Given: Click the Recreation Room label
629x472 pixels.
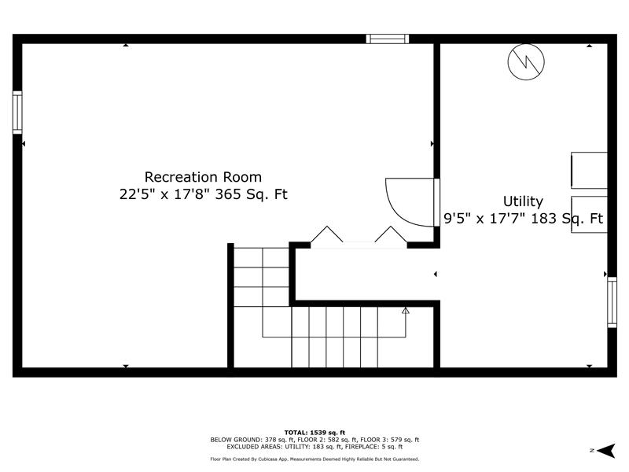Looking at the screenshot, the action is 203,177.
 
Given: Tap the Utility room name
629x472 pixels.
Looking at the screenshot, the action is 523,201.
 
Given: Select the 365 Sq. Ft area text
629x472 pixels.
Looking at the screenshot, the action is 252,194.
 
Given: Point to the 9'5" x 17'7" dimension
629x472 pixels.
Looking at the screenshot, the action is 485,219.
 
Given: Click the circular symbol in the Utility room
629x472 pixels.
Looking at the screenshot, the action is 526,62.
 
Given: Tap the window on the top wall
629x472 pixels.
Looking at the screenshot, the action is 388,39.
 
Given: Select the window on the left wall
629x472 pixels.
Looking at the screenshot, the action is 17,112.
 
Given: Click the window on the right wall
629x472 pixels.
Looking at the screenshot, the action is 612,302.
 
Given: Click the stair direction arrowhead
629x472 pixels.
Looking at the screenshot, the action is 406,310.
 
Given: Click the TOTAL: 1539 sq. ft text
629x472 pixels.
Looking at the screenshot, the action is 314,432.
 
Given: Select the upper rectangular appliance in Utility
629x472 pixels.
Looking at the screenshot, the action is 589,170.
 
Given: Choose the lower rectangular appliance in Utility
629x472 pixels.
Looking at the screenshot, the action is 589,214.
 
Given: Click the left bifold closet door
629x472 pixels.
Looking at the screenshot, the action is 327,234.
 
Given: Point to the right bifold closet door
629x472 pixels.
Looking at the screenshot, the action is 391,234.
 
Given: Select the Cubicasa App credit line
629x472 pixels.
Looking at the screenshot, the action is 314,459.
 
